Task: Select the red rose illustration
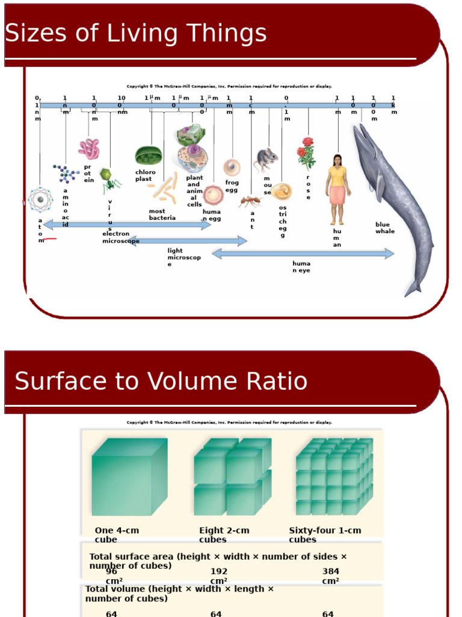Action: point(306,153)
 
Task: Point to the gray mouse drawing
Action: point(265,160)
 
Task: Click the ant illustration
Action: point(250,201)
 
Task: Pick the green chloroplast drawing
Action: point(147,156)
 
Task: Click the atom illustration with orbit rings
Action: point(40,199)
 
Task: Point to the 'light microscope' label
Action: point(183,257)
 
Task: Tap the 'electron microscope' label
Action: point(120,237)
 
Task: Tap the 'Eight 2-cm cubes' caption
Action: point(224,534)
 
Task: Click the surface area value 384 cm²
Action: point(330,575)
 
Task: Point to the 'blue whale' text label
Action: point(385,228)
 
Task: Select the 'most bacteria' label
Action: point(162,215)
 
